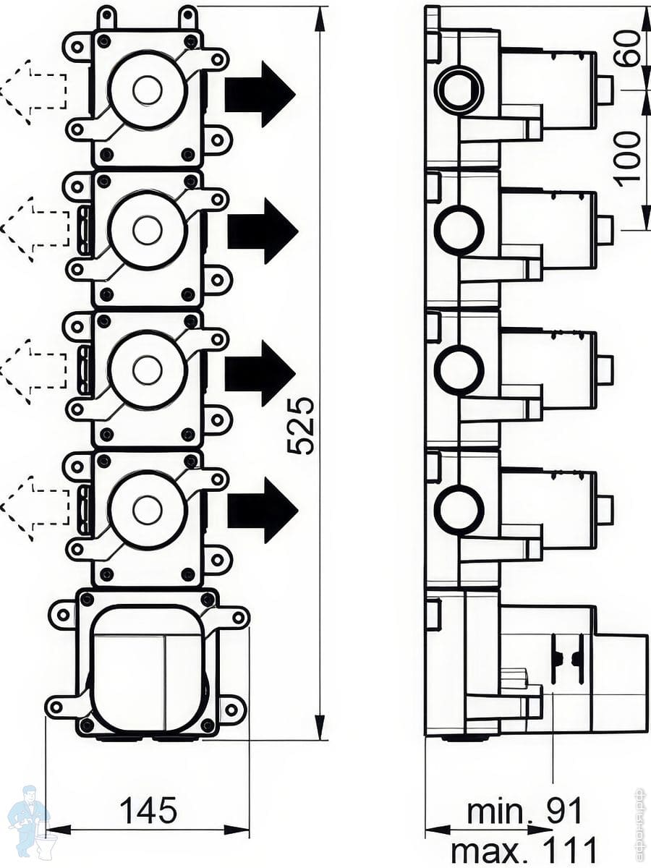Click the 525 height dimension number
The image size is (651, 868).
pos(302,425)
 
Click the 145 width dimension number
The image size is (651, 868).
pos(148,810)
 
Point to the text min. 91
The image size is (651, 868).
pos(524,812)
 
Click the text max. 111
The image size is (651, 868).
pos(524,849)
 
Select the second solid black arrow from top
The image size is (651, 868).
pos(262,231)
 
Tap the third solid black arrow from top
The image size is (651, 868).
pos(260,373)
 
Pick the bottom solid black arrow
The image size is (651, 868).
pos(262,510)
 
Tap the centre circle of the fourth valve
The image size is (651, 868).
pos(148,510)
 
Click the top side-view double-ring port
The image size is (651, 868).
pos(459,90)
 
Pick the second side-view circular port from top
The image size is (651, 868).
pos(459,230)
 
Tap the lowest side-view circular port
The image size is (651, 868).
pos(459,510)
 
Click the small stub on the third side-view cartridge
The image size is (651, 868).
pos(605,370)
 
